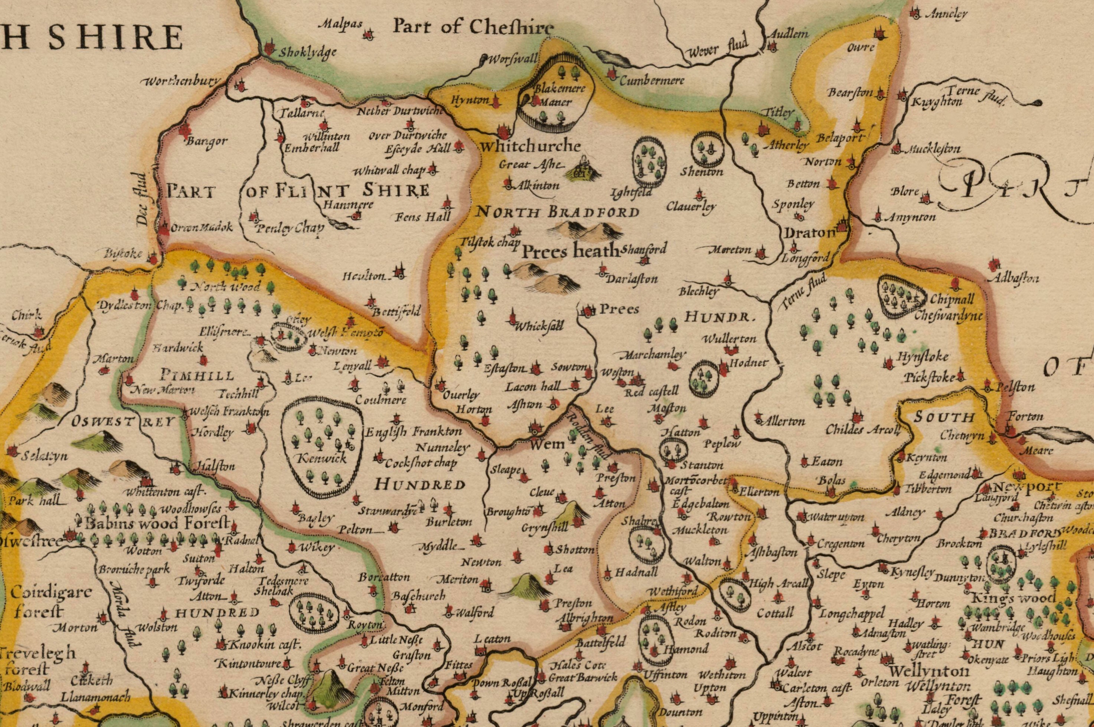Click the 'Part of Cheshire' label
pos(473,27)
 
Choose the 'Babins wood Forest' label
pos(158,524)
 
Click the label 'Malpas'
pos(340,25)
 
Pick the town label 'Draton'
pos(809,233)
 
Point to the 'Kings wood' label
pos(1015,598)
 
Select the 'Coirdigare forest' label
pos(45,602)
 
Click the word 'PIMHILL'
pos(197,375)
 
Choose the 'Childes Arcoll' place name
pos(862,429)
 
